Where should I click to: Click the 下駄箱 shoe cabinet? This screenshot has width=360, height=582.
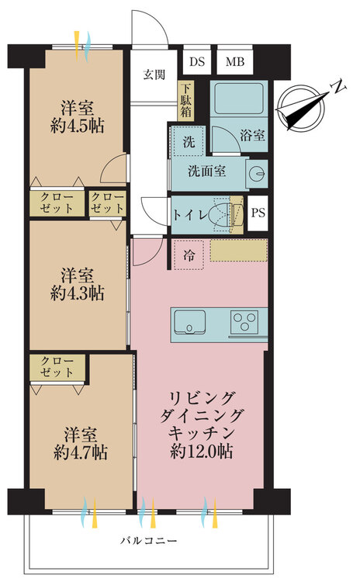click(x=186, y=99)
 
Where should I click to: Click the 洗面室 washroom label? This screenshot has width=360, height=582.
click(x=207, y=171)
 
